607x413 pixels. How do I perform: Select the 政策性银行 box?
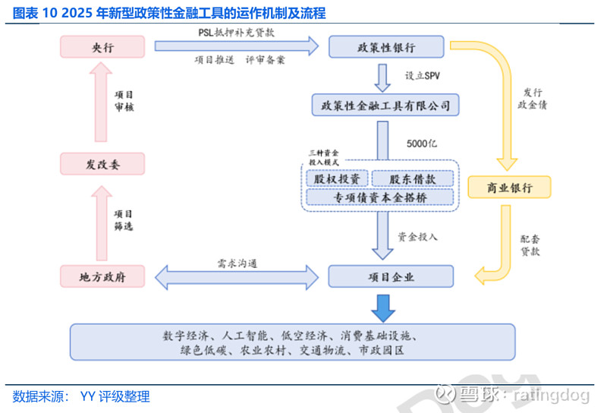click(x=386, y=47)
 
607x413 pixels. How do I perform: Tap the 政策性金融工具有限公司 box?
click(x=385, y=104)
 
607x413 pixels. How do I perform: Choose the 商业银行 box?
click(x=509, y=187)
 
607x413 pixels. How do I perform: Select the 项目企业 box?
click(x=391, y=276)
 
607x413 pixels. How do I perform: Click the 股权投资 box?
click(x=337, y=178)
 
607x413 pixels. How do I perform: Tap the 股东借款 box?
click(x=413, y=178)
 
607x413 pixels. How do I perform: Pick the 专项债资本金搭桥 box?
click(x=380, y=197)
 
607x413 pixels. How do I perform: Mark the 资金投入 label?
click(x=418, y=237)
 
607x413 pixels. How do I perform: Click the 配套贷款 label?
click(x=530, y=244)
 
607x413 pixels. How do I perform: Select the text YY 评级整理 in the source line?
click(x=115, y=396)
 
